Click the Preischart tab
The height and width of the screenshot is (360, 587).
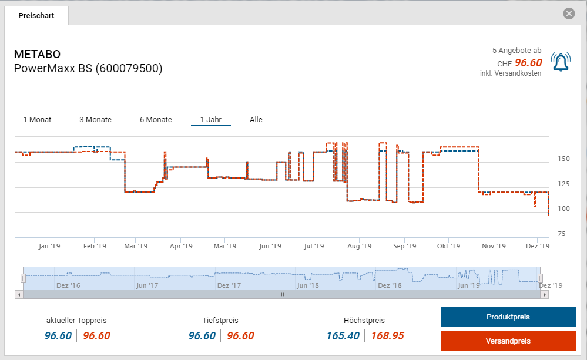36,16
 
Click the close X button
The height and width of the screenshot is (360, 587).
568,14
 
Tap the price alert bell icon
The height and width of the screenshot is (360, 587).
561,62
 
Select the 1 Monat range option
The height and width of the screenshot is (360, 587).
37,120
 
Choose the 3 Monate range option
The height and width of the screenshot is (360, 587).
95,120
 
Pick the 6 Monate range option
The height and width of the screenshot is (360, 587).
156,120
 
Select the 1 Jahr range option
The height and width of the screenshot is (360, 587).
210,120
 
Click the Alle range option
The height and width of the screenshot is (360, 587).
256,120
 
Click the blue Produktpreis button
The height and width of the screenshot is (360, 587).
508,317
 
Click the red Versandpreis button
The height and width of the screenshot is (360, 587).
508,341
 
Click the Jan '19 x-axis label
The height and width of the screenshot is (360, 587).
49,247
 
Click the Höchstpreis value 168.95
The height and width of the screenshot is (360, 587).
387,336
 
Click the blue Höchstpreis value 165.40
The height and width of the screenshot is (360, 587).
344,336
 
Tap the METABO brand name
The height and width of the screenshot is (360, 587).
37,55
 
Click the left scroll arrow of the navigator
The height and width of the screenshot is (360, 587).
19,294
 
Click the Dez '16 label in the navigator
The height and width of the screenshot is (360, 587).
68,285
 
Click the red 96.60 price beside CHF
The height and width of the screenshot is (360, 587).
528,63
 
